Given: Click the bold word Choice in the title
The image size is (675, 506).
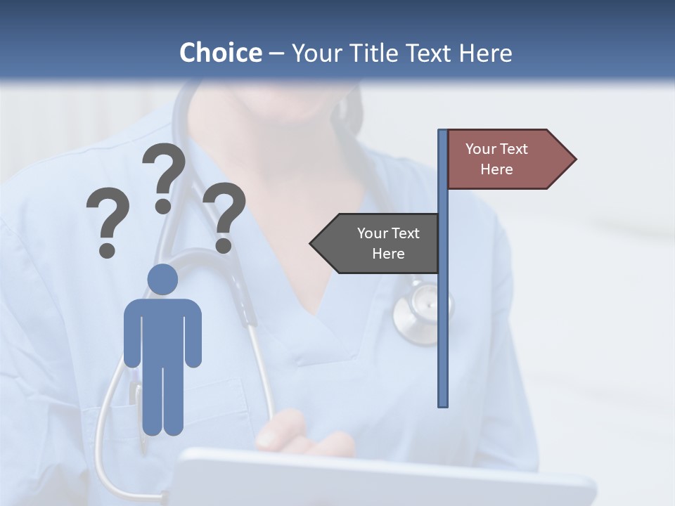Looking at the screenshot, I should point(220,53).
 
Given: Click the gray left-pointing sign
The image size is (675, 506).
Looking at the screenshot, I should point(376,243).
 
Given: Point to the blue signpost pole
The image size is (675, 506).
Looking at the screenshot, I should point(443,316).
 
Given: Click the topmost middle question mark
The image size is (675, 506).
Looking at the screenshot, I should point(164,176).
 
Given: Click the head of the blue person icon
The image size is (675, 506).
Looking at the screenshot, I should point(162,279).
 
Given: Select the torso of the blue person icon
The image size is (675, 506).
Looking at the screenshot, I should point(162,330).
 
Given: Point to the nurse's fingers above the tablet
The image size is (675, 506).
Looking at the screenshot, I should point(295,432).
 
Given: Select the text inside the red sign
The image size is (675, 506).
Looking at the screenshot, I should point(496,159).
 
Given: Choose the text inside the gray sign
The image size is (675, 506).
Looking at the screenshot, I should point(388,243).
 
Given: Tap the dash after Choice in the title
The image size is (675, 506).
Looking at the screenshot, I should point(276,53).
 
